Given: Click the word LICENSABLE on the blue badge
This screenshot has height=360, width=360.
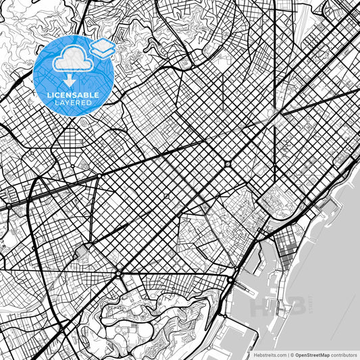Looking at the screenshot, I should click(x=75, y=95).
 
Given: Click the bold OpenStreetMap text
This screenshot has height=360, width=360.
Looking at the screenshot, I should click(x=310, y=354).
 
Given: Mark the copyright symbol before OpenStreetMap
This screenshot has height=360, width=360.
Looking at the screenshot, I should click(x=292, y=354).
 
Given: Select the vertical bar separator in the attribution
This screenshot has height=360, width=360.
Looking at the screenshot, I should click(x=288, y=354).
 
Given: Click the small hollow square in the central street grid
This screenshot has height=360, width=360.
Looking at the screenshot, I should click(x=166, y=197).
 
